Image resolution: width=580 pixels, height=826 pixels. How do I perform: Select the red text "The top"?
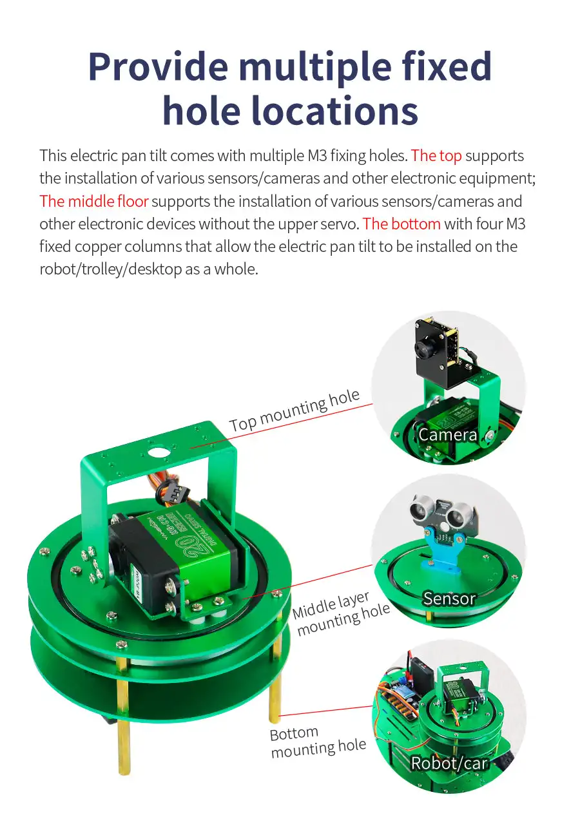tap(436, 156)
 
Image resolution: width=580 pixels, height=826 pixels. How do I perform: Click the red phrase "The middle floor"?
tap(94, 201)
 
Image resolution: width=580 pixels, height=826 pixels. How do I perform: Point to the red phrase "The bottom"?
tap(401, 224)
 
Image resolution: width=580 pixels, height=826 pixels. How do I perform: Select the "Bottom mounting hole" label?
tap(318, 743)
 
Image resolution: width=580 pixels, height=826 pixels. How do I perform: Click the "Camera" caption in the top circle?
tap(448, 435)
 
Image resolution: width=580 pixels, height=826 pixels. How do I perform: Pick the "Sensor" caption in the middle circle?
tap(449, 599)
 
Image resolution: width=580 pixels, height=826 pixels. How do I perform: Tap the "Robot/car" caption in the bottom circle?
tap(449, 763)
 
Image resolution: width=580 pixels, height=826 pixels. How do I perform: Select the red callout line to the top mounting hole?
tap(282, 426)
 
